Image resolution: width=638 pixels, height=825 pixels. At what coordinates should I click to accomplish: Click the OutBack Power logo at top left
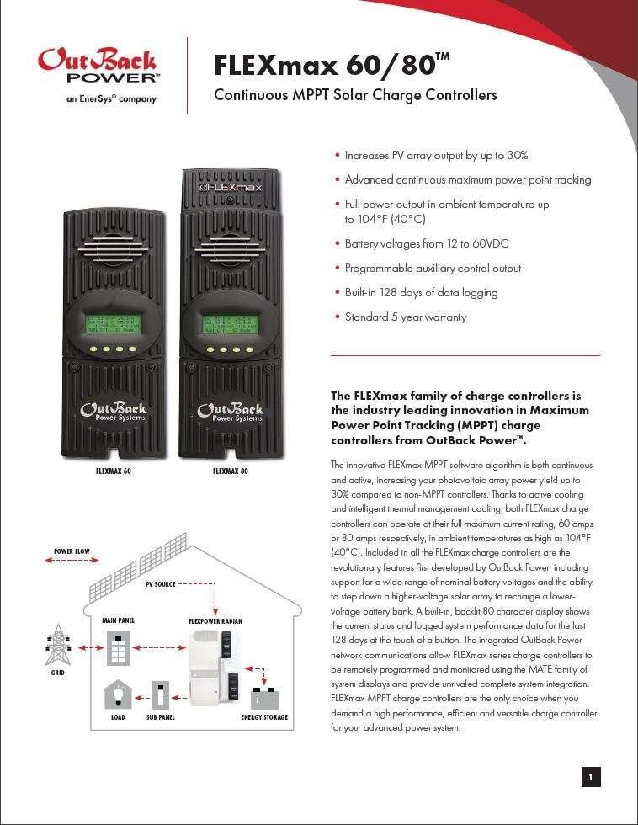tap(97, 67)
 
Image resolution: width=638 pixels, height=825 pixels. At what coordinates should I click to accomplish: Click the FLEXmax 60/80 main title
tap(332, 65)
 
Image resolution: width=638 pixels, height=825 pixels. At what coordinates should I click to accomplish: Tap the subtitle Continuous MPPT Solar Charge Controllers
tap(355, 95)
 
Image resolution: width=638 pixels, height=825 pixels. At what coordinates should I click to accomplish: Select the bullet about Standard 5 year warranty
tap(405, 317)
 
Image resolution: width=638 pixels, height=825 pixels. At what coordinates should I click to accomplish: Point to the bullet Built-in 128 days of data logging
tap(421, 293)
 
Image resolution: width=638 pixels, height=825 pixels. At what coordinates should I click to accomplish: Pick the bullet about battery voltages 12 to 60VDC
tap(426, 244)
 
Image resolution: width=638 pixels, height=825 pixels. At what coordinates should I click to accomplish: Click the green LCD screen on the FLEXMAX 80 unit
tap(230, 324)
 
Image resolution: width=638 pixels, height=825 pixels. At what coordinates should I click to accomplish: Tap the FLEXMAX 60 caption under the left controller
tap(113, 471)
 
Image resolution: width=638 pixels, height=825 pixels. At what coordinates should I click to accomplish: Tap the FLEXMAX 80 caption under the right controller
tap(230, 471)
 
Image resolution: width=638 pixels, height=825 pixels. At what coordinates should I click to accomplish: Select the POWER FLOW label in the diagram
tap(72, 552)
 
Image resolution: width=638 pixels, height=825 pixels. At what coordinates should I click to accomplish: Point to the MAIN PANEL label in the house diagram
tap(119, 621)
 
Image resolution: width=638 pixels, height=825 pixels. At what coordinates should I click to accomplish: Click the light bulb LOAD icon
tap(118, 696)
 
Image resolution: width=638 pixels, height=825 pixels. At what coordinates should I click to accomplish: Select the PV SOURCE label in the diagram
tap(160, 583)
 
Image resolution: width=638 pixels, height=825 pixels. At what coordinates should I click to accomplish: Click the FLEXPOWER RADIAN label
tap(215, 621)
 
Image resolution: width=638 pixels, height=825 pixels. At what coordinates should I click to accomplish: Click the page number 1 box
tap(591, 778)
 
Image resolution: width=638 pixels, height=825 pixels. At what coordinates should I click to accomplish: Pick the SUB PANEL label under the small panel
tap(161, 718)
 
